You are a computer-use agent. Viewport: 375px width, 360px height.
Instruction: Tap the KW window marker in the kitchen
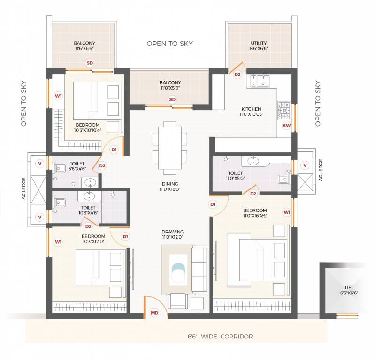[286, 126]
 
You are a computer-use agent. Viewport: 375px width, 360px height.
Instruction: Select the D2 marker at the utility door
[237, 74]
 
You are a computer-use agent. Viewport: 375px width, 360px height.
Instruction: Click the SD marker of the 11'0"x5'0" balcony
[172, 99]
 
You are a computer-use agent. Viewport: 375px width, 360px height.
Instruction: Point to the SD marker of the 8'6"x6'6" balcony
[89, 63]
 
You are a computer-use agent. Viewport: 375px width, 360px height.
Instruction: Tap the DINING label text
[170, 184]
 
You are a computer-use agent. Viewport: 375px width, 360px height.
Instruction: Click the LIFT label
[349, 287]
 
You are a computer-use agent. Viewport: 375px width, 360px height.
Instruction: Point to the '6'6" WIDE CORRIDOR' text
[220, 337]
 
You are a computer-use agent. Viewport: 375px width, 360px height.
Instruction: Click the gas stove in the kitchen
[284, 110]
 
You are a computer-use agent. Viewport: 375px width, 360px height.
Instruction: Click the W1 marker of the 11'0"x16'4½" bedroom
[287, 212]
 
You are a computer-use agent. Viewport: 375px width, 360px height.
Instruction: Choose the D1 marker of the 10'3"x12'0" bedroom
[125, 237]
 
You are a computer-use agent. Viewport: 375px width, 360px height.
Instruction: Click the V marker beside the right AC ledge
[305, 165]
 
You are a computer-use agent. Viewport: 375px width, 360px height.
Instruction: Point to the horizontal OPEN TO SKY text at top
[169, 44]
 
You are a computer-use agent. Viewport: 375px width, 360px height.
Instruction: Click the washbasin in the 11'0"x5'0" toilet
[253, 161]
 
